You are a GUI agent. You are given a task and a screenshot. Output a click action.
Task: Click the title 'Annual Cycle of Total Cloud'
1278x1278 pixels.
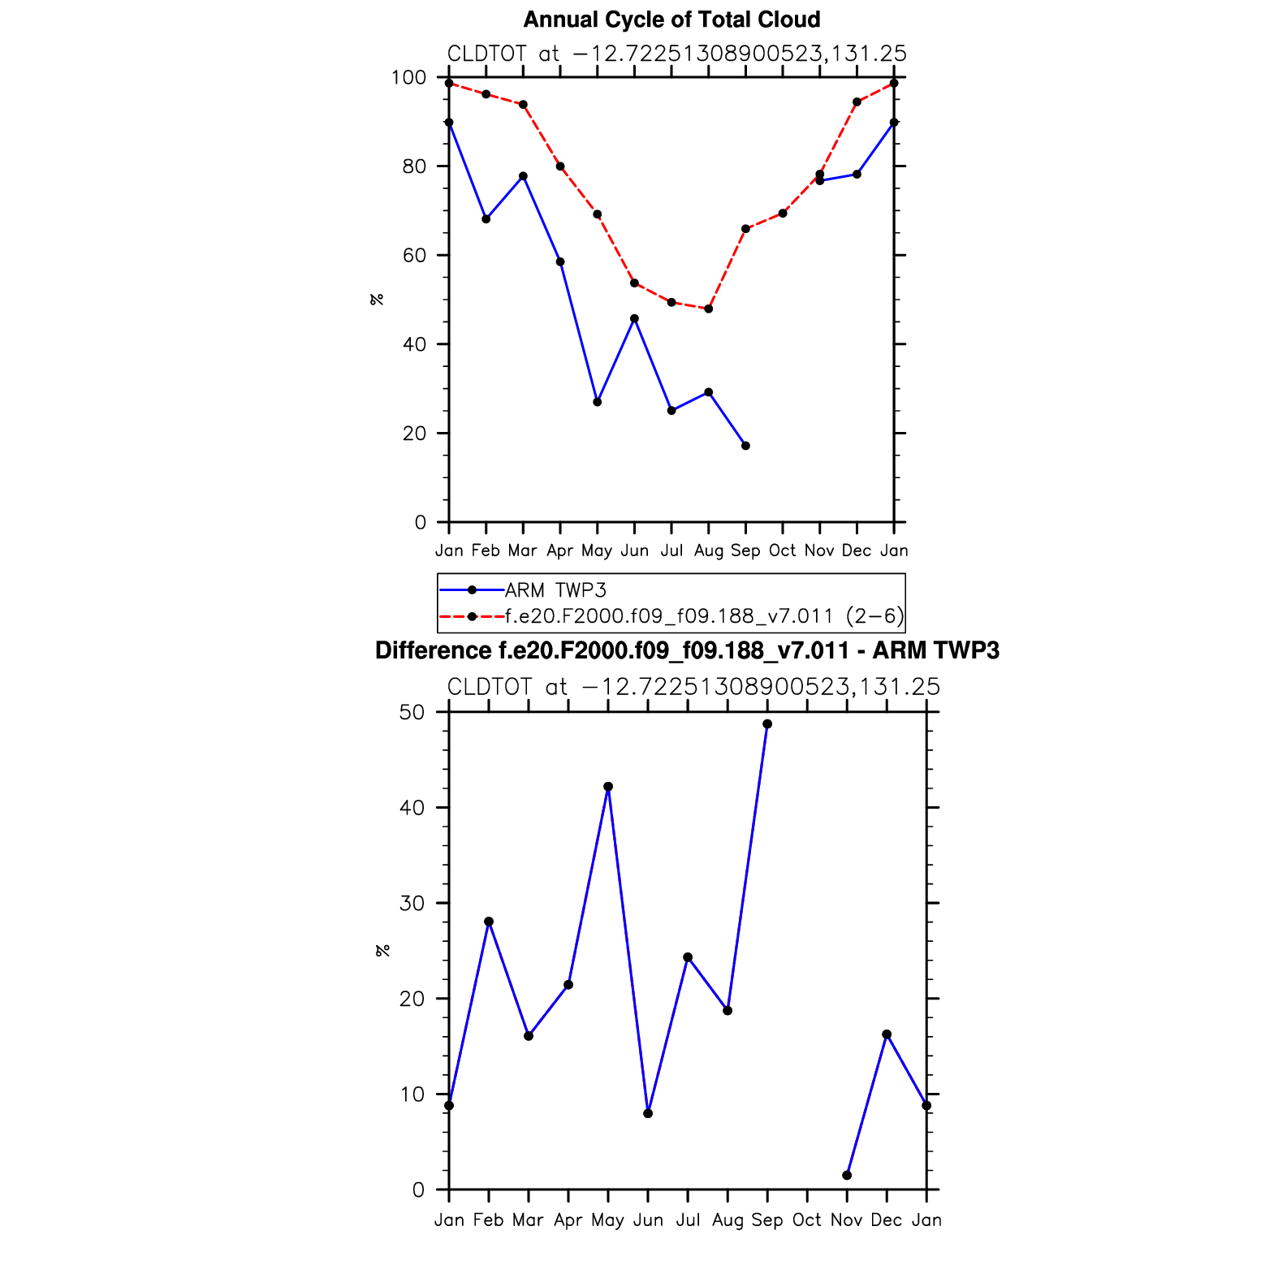coord(671,19)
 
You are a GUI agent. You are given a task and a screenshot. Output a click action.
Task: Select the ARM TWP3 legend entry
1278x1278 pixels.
coord(555,590)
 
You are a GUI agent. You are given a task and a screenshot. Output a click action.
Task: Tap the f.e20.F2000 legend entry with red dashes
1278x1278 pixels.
coord(703,616)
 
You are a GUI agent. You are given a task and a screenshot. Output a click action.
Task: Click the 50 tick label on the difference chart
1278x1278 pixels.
coord(412,713)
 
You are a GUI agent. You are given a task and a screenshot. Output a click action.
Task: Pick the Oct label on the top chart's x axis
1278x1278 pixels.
coord(782,550)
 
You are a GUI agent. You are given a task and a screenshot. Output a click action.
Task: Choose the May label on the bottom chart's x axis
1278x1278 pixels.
coord(607,1220)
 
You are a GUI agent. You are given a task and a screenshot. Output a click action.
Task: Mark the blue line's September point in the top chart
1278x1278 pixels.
coord(745,446)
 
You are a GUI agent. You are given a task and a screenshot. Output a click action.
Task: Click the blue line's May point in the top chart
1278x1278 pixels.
coord(598,402)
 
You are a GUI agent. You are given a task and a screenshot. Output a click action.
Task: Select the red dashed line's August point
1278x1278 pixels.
coord(709,309)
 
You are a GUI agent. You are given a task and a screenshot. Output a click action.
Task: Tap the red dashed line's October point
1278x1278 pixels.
coord(783,214)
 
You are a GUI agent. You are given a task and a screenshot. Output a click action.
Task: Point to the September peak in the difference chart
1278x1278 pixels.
coord(767,724)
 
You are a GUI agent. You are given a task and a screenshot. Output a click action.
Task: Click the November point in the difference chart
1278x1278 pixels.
coord(847,1175)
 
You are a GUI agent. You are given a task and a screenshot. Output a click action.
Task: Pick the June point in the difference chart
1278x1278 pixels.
coord(648,1113)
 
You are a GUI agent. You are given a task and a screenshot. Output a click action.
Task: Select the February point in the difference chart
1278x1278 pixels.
coord(489,922)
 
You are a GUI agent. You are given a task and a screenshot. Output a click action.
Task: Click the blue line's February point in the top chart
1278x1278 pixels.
coord(486,219)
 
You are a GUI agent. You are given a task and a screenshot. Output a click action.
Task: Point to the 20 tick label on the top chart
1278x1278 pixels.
coord(414,434)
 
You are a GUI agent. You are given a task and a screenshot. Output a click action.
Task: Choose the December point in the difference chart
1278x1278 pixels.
coord(887,1034)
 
